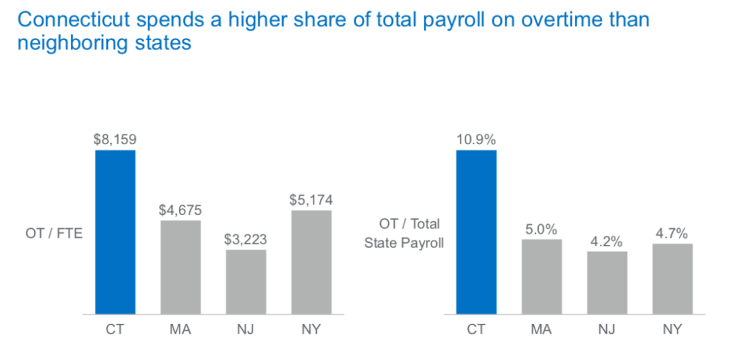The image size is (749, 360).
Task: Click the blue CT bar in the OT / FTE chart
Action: coord(115,232)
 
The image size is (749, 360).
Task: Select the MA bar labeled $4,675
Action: coord(180,267)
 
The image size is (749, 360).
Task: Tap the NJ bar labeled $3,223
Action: coord(246,282)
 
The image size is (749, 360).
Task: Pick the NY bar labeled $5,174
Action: coord(311,262)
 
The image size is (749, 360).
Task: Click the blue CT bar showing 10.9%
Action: coord(476,232)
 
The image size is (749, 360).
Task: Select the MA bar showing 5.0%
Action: coord(542,276)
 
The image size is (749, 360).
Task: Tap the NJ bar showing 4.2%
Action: coord(607,282)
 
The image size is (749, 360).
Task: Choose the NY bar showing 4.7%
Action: coord(672,279)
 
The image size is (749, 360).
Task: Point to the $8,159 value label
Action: coord(115,139)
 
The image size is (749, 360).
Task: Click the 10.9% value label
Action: coord(476,139)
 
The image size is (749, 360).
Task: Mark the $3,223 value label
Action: coord(246,240)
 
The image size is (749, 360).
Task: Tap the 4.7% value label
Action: coord(672,233)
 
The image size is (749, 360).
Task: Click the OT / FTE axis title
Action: coord(54,233)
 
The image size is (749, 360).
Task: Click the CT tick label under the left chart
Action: coord(115,329)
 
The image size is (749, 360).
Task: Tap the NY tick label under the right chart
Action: coord(672,329)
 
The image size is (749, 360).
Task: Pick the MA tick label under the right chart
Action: coord(542,329)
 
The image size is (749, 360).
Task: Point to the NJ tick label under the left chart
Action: coord(246,329)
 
